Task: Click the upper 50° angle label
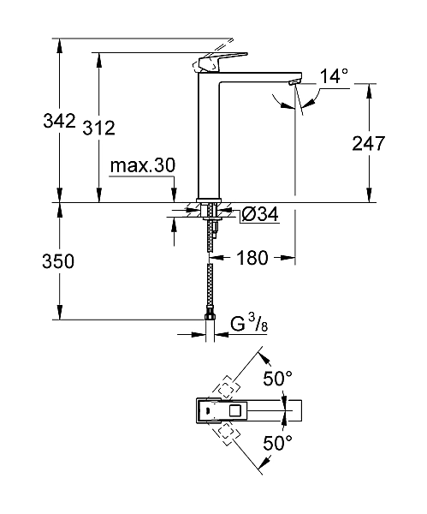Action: (x=276, y=378)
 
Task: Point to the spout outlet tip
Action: (x=295, y=82)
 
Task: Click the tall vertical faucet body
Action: (x=210, y=137)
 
